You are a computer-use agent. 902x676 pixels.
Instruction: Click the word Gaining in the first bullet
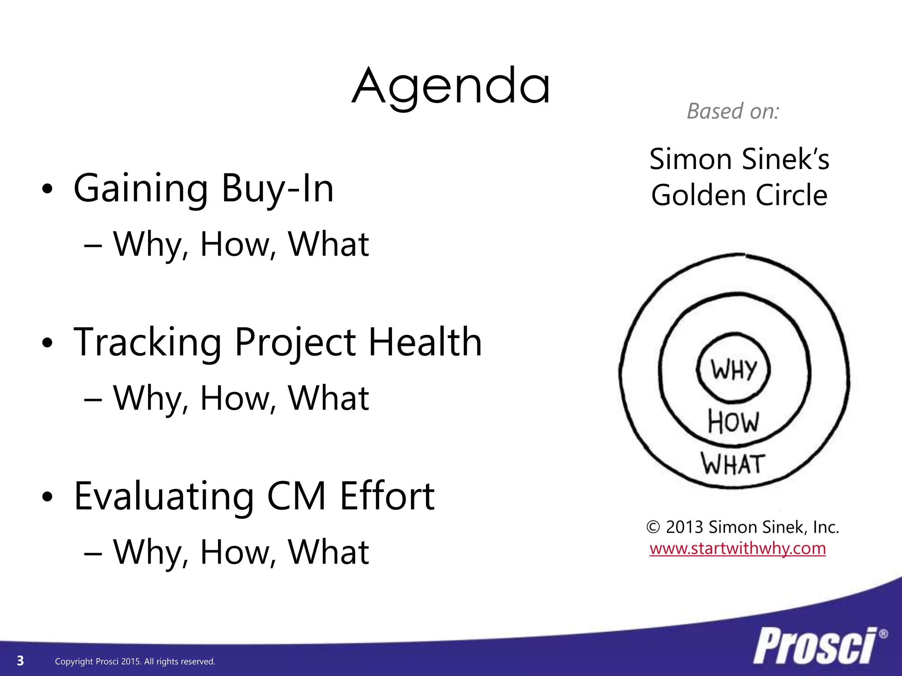pos(140,189)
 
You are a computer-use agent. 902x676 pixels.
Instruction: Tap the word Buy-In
pos(277,189)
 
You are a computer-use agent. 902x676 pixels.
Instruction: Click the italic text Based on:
pos(733,111)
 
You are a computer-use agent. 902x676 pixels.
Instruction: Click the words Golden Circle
pos(739,195)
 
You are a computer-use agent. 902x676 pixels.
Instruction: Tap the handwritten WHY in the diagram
pos(733,369)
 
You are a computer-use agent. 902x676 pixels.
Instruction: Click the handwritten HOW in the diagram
pos(733,422)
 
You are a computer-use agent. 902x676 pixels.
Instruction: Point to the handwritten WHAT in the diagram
pos(733,464)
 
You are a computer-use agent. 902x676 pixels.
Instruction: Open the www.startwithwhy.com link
pos(738,548)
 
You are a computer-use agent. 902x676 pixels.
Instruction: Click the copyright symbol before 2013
pos(653,527)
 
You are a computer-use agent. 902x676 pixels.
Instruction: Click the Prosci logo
pos(815,646)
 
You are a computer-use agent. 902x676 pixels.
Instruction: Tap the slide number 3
pos(20,661)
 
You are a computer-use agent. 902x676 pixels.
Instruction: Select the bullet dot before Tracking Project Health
pos(47,343)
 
